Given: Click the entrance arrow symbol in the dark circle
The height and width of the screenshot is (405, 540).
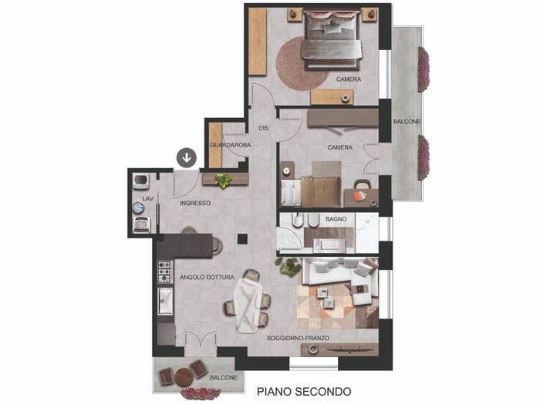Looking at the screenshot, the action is point(187,157).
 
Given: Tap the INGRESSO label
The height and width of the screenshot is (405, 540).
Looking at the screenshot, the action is point(195,203).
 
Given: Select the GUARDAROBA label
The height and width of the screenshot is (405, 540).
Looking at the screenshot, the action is point(230,145).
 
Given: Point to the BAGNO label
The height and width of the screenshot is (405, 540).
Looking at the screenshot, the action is point(336,219).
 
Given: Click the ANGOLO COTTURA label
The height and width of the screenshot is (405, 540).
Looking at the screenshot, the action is point(207,277).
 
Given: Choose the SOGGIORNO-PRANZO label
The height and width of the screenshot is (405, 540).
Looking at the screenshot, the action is point(298,338).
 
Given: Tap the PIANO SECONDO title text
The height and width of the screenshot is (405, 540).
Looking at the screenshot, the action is point(304,392).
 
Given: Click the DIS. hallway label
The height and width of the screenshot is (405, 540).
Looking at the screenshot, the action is point(264,128).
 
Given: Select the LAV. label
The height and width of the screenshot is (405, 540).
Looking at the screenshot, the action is point(148,199).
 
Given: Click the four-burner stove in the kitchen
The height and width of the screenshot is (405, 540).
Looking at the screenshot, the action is point(164,272).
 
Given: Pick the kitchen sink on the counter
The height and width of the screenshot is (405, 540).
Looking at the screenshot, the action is point(165,302).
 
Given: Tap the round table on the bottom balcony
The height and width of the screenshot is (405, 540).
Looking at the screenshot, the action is point(183,377).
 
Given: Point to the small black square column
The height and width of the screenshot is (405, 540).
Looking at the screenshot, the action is point(242,239).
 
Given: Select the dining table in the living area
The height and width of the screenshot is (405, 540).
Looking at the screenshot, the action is point(248,305).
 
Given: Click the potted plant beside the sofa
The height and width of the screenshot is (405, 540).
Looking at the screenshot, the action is point(289,266).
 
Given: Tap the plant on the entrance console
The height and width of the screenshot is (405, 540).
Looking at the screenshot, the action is point(223,181).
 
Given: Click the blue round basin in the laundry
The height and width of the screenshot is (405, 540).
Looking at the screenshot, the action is point(138,208).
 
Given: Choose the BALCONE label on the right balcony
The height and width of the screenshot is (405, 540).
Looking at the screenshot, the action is point(407,122).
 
